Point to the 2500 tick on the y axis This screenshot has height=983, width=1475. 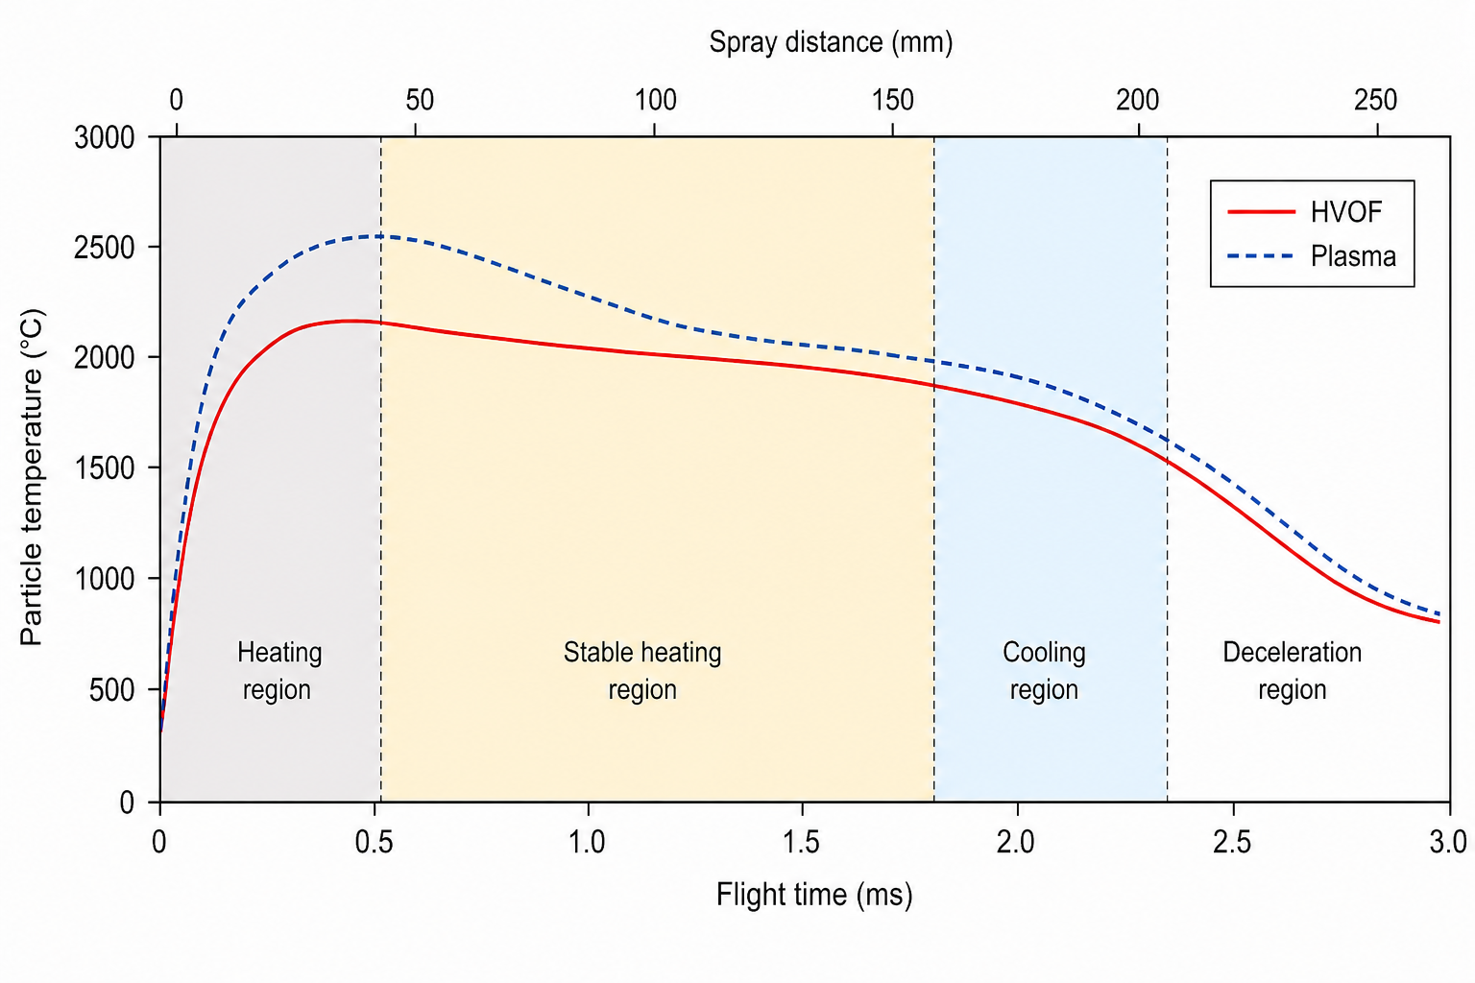pos(104,248)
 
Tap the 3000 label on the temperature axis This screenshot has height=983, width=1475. pos(104,137)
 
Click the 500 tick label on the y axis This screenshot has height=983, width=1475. pos(111,690)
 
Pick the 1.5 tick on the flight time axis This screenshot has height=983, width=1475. pos(802,842)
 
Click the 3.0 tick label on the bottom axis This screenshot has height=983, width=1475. pos(1447,842)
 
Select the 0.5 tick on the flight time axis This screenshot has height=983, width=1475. pos(374,842)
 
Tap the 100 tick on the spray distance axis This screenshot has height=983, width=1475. pos(655,100)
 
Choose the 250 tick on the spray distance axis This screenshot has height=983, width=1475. pos(1375,100)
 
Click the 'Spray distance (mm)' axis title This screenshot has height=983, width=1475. pos(831,42)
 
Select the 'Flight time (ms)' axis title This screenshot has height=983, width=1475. pos(813,895)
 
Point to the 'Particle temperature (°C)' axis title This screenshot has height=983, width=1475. pos(32,477)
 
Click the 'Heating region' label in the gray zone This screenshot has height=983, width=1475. pos(278,671)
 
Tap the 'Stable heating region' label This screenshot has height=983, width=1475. pos(642,671)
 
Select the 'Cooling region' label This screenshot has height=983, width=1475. pos(1044,671)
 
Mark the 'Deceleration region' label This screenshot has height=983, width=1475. pos(1292,671)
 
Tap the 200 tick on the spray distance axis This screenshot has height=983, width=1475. pos(1138,100)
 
